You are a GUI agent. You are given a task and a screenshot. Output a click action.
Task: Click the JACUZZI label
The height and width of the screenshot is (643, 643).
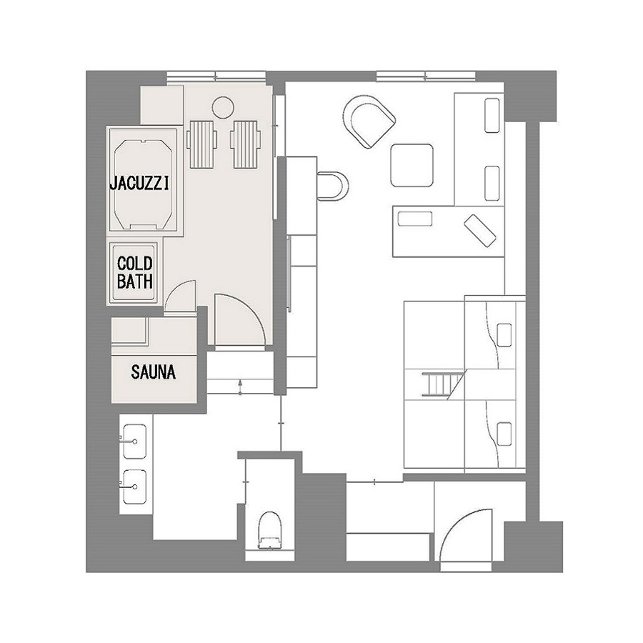139,184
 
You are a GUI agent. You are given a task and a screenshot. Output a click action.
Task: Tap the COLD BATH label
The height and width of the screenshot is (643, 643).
135,272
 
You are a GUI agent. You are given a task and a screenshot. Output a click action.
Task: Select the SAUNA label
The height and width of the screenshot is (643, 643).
154,372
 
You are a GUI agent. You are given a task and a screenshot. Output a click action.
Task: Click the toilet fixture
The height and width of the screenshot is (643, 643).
270,529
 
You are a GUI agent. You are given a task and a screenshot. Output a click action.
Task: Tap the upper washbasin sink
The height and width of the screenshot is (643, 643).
135,441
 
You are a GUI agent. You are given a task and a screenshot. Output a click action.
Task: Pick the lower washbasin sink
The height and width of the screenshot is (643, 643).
135,487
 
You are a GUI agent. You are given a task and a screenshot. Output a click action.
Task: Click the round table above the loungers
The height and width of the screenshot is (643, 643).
223,107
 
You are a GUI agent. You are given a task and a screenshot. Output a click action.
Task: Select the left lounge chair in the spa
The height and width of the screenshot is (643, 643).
201,144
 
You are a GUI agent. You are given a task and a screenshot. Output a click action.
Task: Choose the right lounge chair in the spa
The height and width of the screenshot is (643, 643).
245,144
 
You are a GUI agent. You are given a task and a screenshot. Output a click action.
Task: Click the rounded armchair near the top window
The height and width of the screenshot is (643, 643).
369,121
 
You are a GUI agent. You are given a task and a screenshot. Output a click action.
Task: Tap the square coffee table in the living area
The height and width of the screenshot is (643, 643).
412,165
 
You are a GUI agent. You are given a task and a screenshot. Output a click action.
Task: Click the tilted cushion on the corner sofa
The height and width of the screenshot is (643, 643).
480,231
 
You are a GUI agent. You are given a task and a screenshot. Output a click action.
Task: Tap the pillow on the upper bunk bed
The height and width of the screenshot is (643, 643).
504,334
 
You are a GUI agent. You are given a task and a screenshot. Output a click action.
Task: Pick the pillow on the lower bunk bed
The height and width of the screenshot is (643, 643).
504,434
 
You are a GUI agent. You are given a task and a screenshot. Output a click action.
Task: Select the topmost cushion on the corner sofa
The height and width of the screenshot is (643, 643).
492,115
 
